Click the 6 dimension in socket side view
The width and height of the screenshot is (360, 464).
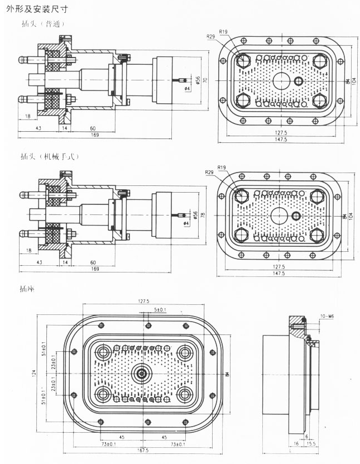pos(306,436)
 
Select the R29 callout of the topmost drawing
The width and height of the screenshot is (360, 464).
pos(210,36)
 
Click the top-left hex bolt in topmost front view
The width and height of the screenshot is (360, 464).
pos(243,60)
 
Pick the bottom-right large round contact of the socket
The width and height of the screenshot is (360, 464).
pos(184,394)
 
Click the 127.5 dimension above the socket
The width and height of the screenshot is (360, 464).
pos(143,301)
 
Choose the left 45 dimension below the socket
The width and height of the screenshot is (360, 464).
pos(122,437)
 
